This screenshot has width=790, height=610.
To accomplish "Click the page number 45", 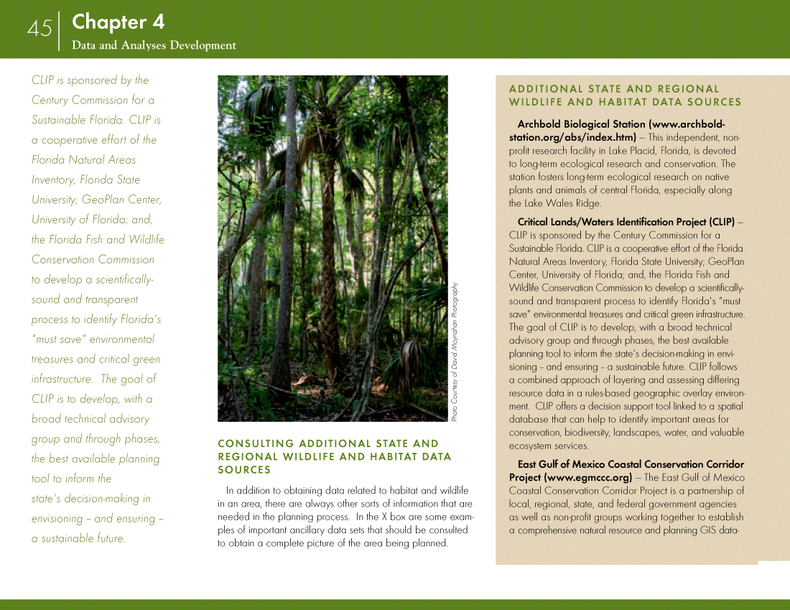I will point(39,29).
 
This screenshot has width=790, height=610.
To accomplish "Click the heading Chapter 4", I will point(118,22).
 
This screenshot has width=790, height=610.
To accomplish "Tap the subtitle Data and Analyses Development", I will point(153,45).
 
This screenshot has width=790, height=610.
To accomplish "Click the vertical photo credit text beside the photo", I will point(454,351).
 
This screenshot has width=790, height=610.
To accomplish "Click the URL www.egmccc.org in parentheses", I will point(588,477).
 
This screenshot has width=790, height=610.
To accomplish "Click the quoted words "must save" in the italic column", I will point(58,339).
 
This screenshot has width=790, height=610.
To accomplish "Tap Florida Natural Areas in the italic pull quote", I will point(83,160).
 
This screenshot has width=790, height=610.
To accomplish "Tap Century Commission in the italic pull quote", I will point(93,100).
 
